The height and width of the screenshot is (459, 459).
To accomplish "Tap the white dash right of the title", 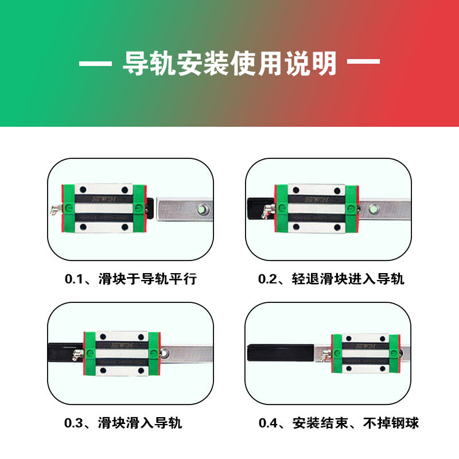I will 364,63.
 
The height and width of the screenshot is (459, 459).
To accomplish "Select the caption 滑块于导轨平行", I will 147,279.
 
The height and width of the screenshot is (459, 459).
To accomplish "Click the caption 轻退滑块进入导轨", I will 348,279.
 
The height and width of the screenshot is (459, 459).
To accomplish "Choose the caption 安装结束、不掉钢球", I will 355,423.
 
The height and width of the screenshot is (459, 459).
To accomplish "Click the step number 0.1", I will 74,279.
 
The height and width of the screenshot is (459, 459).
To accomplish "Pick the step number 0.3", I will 74,423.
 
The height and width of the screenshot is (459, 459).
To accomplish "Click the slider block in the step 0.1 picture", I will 103,209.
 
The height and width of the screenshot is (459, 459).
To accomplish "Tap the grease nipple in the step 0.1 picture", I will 56,210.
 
